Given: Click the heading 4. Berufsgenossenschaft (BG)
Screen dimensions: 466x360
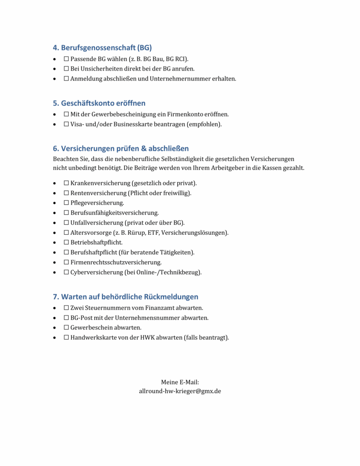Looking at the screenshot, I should point(102,47).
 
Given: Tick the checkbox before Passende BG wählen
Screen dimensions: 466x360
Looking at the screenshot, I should point(66,59).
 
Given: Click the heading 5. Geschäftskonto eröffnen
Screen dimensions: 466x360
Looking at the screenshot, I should point(99,103).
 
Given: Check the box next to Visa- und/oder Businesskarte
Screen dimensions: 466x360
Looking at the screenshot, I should point(66,124).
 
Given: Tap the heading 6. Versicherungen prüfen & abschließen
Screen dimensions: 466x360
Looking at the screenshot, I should point(121,148).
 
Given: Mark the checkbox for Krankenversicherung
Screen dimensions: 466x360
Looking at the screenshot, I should point(66,183).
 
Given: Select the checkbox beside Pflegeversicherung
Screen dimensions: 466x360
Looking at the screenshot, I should point(66,203).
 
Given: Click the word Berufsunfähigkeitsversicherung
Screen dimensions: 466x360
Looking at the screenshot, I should point(114,213).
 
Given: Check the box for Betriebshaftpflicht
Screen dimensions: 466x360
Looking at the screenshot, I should point(66,243).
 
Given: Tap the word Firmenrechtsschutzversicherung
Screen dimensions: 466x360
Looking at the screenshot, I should point(116,262).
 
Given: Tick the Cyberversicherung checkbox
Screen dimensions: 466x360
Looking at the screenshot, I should point(66,272).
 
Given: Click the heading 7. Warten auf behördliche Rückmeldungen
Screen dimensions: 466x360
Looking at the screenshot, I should point(126,297).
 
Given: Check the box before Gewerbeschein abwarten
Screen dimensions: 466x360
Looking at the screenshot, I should point(66,328).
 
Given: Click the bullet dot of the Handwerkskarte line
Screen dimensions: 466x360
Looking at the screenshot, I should point(55,338).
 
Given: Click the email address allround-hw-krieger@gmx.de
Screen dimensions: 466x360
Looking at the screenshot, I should point(180,391).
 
